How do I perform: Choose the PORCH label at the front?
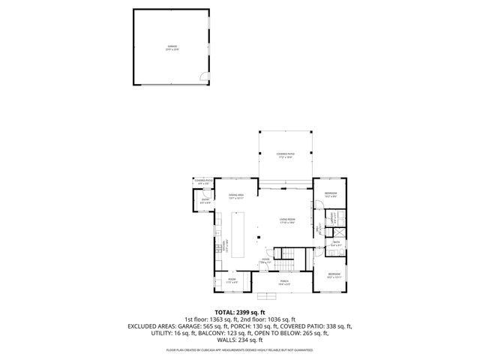click(284, 282)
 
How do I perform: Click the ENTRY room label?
click(205, 201)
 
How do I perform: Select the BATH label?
click(336, 243)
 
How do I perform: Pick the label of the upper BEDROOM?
click(331, 195)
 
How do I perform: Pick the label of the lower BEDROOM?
click(334, 275)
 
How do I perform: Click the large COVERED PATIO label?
click(285, 155)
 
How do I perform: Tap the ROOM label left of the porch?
click(232, 282)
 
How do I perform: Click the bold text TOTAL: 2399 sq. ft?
click(240, 312)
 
